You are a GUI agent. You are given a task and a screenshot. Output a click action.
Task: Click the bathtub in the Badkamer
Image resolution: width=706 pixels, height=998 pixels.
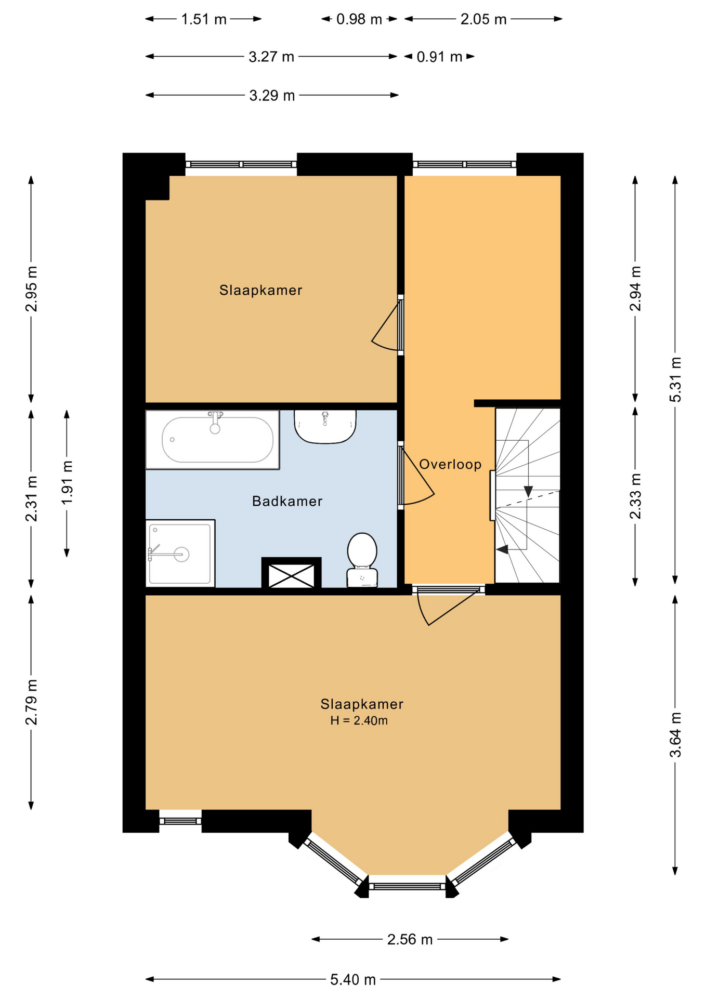click(x=212, y=440)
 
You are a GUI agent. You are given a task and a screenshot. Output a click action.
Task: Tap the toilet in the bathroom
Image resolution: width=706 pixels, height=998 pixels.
click(x=362, y=560)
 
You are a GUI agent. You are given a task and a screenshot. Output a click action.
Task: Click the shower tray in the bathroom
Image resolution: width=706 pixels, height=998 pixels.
click(x=180, y=553)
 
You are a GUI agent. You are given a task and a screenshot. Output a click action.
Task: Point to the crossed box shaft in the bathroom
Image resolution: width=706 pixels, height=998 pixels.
click(x=291, y=574)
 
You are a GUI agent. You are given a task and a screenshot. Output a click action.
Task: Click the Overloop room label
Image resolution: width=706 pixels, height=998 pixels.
click(x=450, y=464)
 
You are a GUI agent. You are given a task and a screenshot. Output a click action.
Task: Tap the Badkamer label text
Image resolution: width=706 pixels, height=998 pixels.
click(x=287, y=501)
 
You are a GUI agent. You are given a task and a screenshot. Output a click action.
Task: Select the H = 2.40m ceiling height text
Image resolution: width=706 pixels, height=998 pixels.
click(x=359, y=720)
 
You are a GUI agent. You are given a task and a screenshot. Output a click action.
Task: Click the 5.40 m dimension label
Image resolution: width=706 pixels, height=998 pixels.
click(x=353, y=980)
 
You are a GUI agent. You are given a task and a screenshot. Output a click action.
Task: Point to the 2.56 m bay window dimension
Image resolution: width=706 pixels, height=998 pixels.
click(x=410, y=939)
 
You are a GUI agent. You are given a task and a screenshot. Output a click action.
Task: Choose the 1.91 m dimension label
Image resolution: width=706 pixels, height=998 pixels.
click(x=67, y=482)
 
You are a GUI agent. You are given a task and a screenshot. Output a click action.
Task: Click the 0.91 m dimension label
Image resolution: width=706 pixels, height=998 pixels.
click(x=439, y=57)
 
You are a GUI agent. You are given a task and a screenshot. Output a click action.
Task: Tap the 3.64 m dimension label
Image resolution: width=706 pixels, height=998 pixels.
click(x=675, y=735)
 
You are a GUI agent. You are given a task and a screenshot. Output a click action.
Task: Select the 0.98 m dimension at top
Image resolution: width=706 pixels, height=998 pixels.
click(x=359, y=19)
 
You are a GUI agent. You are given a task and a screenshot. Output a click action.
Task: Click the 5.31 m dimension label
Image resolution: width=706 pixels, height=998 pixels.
click(x=675, y=379)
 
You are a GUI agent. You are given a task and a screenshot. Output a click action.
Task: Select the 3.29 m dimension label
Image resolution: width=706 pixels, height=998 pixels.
click(x=272, y=96)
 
